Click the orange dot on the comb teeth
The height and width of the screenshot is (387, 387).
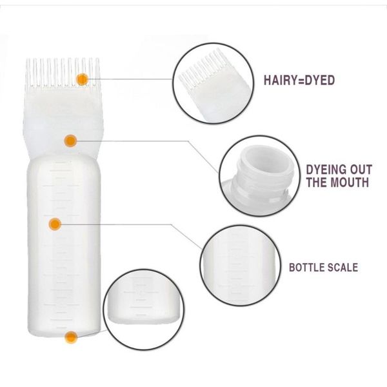click(82, 79)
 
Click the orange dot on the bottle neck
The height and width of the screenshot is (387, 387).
click(70, 141)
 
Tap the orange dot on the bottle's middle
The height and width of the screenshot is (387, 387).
click(55, 224)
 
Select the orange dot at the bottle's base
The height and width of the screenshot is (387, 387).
click(71, 337)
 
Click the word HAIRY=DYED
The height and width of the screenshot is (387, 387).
click(299, 81)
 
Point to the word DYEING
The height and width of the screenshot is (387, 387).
click(326, 170)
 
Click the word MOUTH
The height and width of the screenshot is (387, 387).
click(350, 182)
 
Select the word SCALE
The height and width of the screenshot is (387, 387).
click(342, 268)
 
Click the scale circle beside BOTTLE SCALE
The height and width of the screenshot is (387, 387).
click(240, 266)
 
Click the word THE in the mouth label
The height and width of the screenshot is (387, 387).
click(317, 182)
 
